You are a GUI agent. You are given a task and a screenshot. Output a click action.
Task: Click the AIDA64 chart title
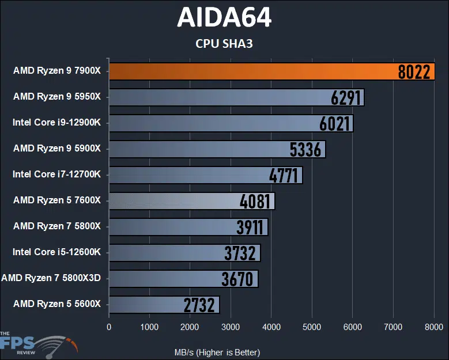(224, 18)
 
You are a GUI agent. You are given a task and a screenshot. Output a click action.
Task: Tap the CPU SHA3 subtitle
(224, 43)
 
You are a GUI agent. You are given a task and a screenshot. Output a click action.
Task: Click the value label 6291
(346, 97)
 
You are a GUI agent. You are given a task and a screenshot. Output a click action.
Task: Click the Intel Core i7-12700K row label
(56, 175)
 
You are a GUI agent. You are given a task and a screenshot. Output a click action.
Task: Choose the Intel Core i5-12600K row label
(56, 252)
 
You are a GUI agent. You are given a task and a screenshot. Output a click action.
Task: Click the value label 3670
(237, 279)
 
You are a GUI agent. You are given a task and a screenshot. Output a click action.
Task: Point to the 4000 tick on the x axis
(271, 327)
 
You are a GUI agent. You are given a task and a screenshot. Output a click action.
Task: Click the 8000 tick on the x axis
(433, 327)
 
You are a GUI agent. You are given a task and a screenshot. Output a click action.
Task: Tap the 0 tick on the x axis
(109, 327)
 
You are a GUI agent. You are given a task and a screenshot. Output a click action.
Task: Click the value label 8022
(414, 71)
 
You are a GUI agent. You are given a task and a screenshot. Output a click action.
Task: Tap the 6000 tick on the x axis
(352, 327)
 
